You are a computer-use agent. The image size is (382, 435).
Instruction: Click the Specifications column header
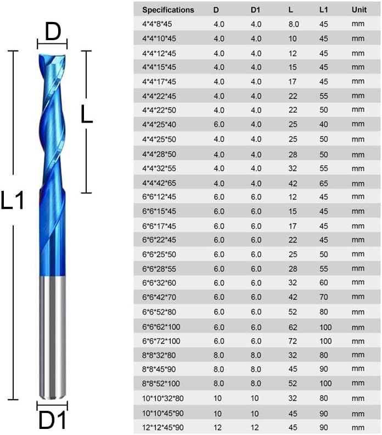click(168, 10)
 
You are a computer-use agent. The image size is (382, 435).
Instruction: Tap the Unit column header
click(359, 10)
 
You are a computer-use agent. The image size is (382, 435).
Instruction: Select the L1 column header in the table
click(323, 10)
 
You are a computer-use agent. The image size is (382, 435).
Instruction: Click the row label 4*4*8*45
click(157, 24)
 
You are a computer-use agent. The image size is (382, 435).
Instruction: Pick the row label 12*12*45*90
click(163, 427)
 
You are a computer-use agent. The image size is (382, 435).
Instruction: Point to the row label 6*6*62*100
click(161, 327)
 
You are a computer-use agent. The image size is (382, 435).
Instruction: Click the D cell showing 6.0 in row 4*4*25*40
click(218, 124)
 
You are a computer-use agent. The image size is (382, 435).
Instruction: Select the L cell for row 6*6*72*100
click(293, 341)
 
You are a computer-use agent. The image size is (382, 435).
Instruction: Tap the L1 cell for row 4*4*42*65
click(324, 183)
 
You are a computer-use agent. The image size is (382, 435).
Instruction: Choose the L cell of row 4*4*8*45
click(294, 24)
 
